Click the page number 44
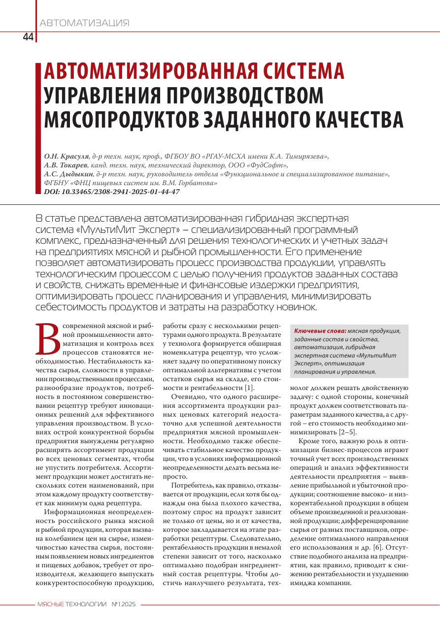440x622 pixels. coord(28,37)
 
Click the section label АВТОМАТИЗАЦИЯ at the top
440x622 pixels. coord(84,23)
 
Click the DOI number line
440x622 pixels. coord(112,192)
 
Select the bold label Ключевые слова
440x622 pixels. coord(320,331)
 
